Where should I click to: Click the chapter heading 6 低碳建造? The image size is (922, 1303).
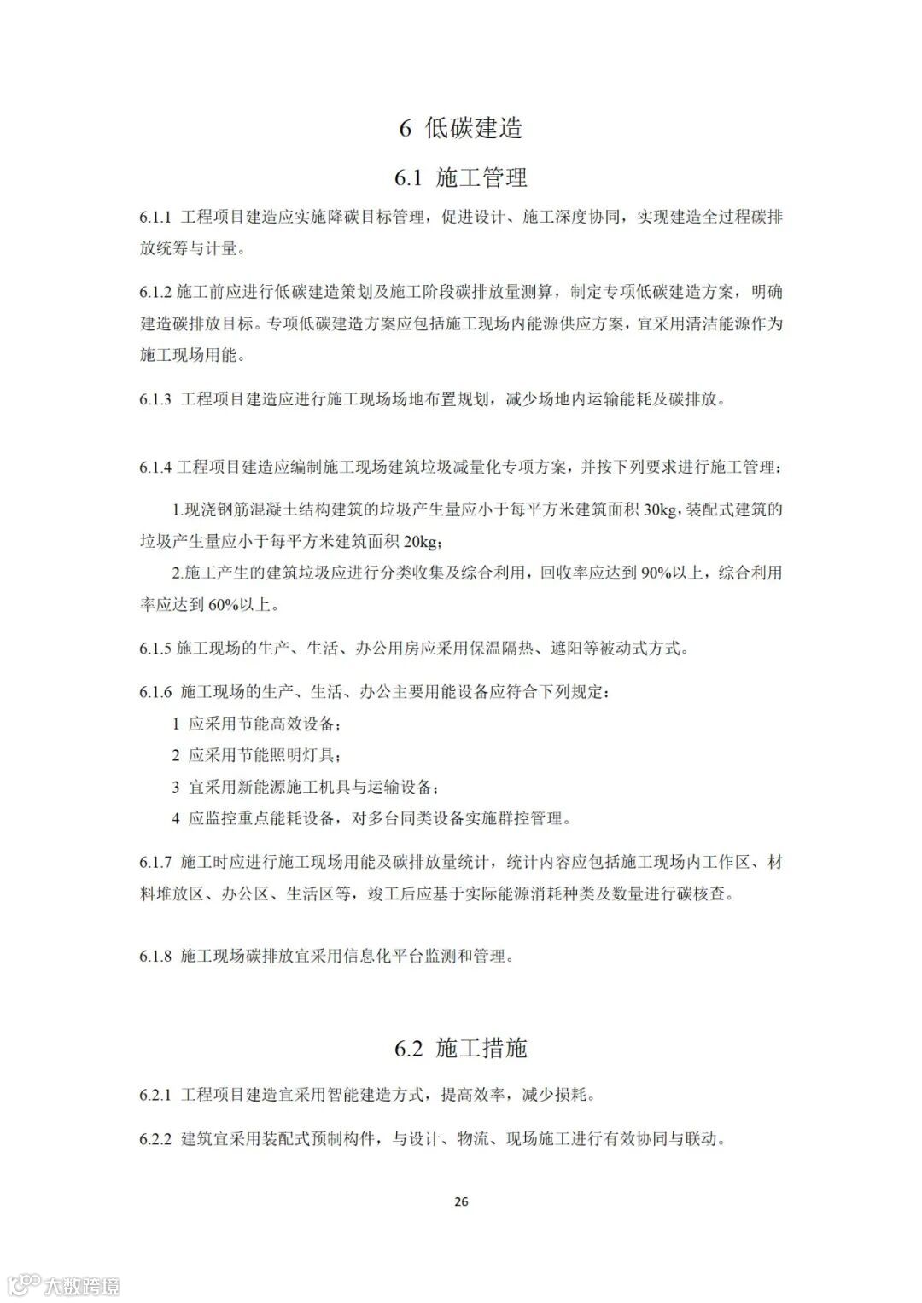pos(460,128)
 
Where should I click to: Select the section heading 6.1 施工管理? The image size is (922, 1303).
pos(460,177)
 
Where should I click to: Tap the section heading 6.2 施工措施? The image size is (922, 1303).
pos(460,1048)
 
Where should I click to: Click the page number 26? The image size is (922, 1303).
pos(461,1201)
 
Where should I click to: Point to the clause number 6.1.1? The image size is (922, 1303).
pos(156,217)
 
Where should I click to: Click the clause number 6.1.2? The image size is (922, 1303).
pos(156,293)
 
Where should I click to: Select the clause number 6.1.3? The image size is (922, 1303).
pos(156,399)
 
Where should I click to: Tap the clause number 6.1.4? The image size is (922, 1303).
pos(156,468)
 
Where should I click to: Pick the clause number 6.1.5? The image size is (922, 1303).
pos(156,649)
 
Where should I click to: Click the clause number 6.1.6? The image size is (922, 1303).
pos(156,692)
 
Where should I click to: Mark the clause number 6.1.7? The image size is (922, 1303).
pos(156,863)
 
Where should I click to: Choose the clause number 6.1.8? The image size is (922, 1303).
pos(156,957)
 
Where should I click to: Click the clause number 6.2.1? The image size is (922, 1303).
pos(156,1095)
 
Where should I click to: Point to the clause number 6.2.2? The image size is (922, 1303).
pos(156,1139)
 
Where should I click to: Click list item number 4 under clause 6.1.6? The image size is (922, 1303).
pos(176,819)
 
